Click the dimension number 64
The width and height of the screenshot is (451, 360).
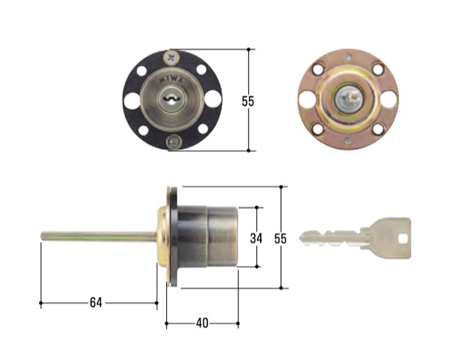pos(95,302)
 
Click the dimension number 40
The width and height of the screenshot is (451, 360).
pos(202,323)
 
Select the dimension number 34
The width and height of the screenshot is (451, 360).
pos(256,238)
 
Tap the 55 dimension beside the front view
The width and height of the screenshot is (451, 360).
pos(248,101)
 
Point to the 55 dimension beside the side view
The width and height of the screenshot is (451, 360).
pos(280,239)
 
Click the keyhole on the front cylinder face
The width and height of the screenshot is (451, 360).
pos(171,100)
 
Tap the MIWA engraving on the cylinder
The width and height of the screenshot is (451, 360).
pos(172,79)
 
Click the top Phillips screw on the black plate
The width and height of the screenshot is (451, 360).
pos(171,57)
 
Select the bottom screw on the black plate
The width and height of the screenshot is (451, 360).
pos(174,141)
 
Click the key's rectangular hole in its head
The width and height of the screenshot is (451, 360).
pos(403,237)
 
